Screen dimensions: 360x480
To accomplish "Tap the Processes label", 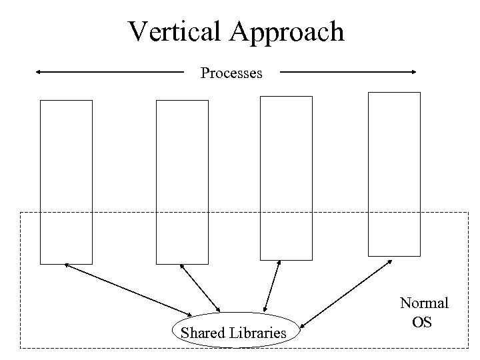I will (231, 73).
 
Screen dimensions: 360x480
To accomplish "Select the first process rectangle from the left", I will (66, 181).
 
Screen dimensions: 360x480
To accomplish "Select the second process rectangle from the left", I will (182, 181).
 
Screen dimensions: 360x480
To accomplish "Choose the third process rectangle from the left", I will (286, 177).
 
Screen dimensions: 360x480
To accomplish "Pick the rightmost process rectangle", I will (395, 173).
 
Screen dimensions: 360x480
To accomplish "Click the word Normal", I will (424, 303).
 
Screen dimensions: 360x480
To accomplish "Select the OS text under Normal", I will (423, 323).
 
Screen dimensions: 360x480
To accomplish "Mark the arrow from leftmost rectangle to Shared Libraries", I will (127, 289).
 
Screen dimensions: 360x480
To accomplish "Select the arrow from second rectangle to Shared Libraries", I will (200, 287).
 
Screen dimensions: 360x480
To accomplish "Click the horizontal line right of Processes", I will (343, 71).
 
